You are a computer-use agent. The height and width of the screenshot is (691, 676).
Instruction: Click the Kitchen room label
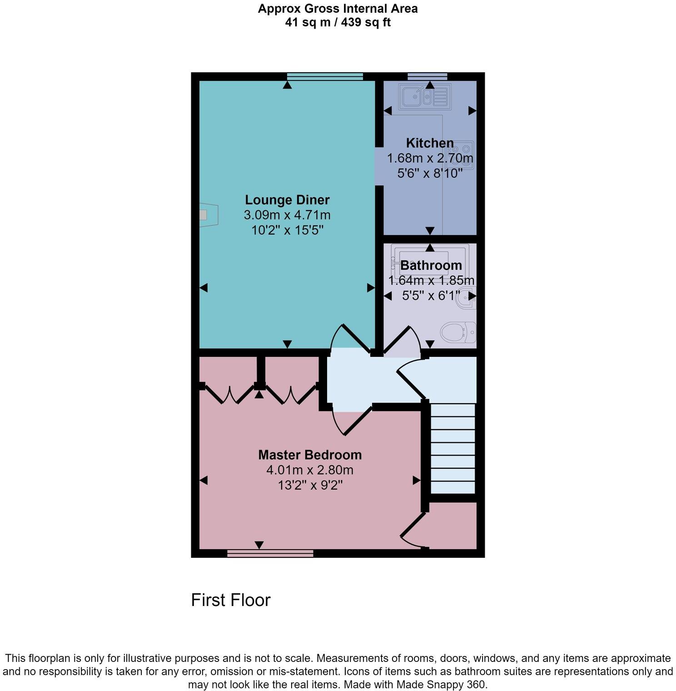pos(430,143)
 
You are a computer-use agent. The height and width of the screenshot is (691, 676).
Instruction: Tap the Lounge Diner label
pos(287,200)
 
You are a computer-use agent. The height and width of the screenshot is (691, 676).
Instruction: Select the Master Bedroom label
pos(310,455)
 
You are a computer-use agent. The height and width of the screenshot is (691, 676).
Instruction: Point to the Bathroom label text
pos(431,265)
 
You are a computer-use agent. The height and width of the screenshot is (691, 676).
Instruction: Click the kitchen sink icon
pos(424,96)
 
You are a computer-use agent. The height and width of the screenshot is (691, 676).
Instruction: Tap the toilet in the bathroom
pos(458,333)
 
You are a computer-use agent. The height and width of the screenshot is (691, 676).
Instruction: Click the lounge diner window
pos(325,76)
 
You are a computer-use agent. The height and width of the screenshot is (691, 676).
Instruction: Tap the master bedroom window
pos(270,553)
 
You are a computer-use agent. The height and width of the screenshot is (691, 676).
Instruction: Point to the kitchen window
pos(427,76)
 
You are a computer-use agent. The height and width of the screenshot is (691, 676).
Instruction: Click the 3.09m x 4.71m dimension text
pos(287,215)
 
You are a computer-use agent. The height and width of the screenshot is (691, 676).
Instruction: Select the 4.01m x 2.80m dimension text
pos(310,470)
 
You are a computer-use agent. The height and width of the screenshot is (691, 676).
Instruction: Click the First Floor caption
pos(231,600)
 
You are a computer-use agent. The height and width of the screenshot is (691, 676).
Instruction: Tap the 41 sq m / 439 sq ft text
pos(338,22)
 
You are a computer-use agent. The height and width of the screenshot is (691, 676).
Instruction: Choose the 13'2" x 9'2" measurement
pos(310,486)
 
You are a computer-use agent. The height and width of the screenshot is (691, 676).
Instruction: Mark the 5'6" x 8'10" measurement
pos(430,173)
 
